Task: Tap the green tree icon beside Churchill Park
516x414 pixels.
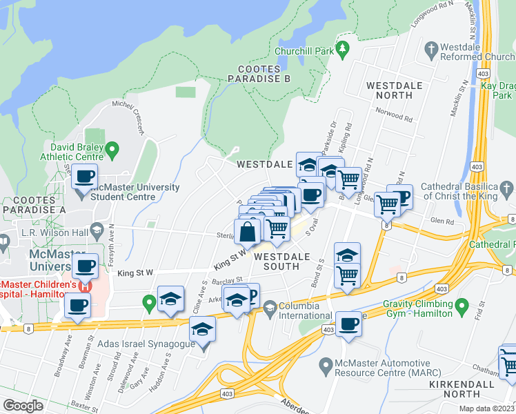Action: pyautogui.click(x=341, y=49)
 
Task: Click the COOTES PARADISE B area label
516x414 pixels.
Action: pyautogui.click(x=264, y=74)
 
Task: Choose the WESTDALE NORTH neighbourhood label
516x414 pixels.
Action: pyautogui.click(x=394, y=90)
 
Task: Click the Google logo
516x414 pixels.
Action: pyautogui.click(x=23, y=406)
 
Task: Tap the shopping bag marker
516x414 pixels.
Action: pyautogui.click(x=248, y=232)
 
